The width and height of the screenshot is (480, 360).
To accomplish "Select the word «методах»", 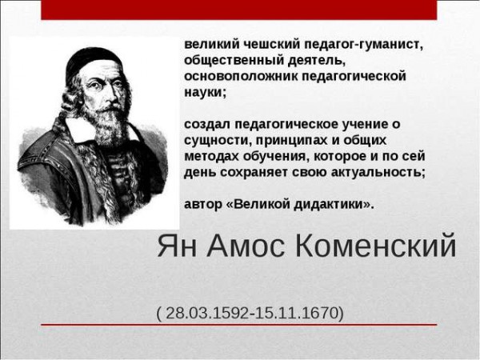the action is [x=211, y=157].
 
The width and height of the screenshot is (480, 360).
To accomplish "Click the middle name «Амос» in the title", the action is [x=246, y=246].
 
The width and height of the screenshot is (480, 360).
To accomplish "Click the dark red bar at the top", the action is [x=238, y=10].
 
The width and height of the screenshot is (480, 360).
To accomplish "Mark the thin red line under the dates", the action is [x=238, y=325].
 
